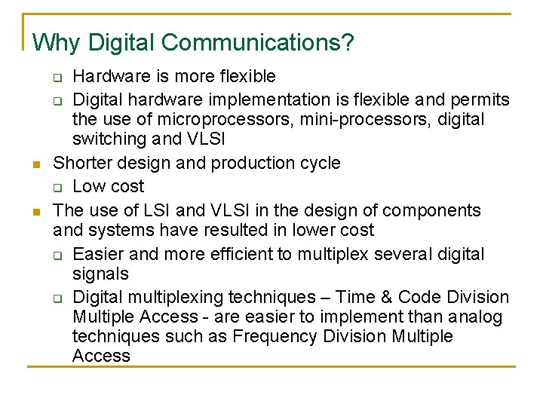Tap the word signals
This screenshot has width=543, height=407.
click(100, 274)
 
